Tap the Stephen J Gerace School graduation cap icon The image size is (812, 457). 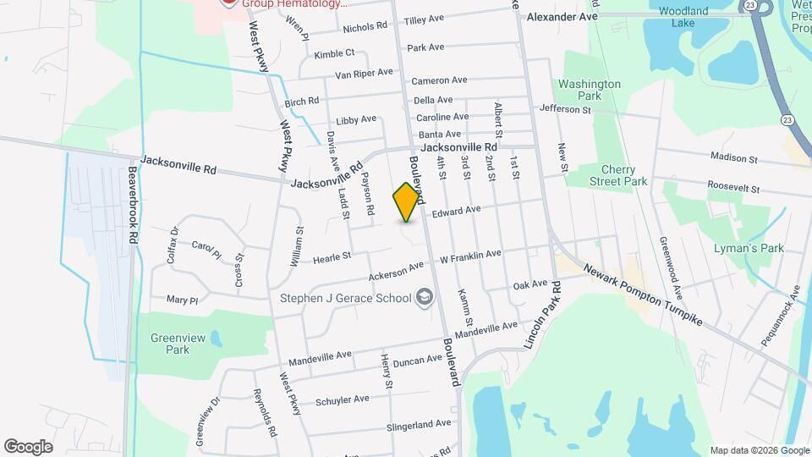[424, 297]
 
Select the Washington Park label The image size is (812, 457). [590, 91]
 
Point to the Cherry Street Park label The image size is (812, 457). [623, 175]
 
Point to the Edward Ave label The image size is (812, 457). [456, 210]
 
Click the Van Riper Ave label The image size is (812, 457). [364, 74]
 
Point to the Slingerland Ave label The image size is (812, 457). [418, 423]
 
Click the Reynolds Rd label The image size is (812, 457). [264, 413]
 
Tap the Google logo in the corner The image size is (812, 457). [29, 446]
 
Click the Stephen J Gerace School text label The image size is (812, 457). [346, 297]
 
